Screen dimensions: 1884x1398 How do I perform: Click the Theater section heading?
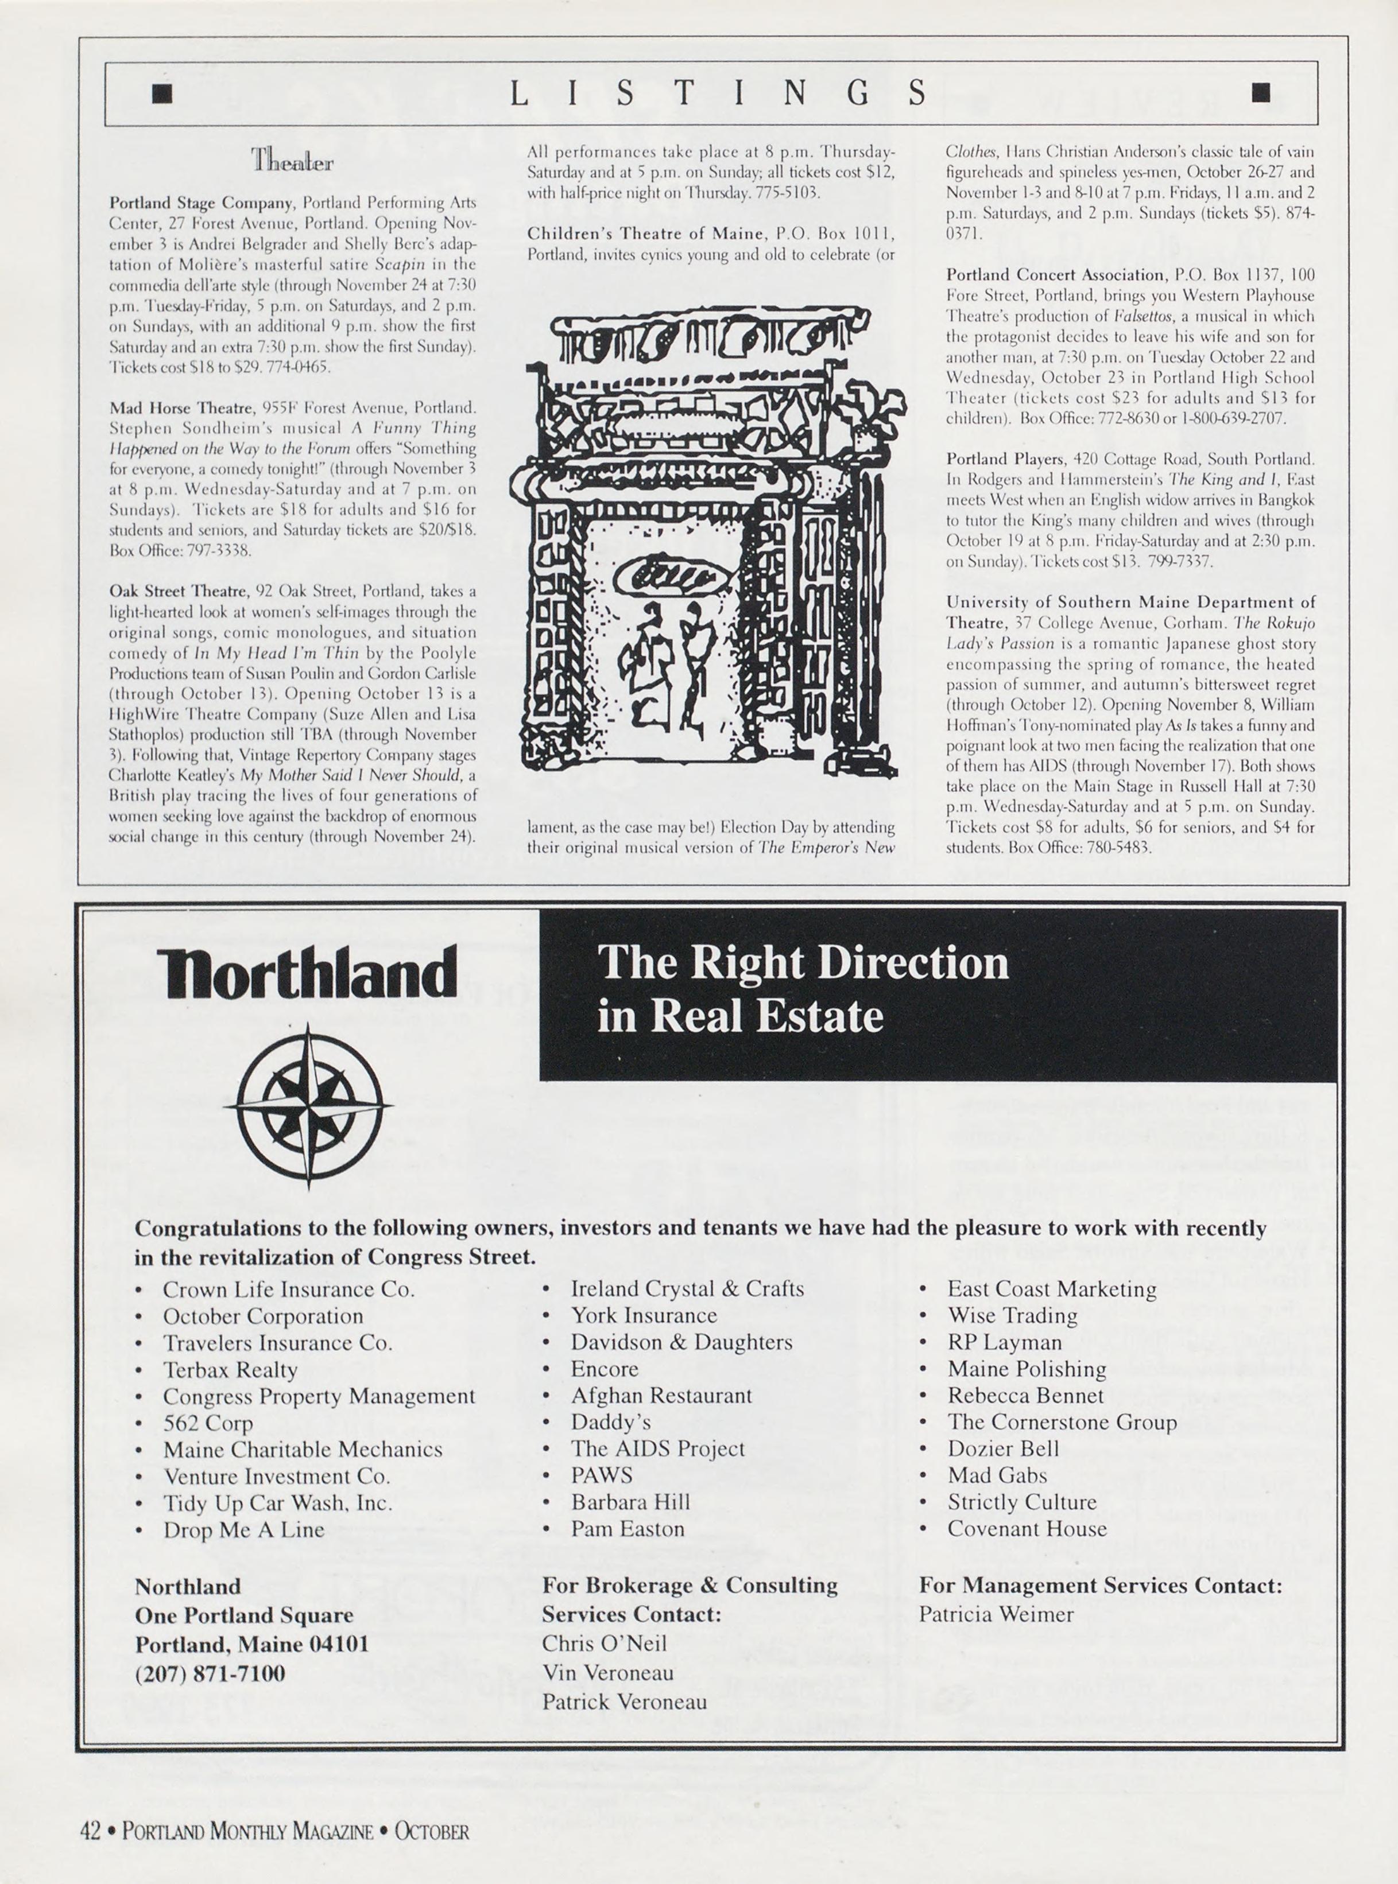(292, 160)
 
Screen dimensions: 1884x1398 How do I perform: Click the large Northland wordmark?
(307, 972)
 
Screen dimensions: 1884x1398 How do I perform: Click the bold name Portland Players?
(1005, 459)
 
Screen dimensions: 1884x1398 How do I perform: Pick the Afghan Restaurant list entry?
(661, 1395)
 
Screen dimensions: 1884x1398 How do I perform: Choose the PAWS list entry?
(602, 1474)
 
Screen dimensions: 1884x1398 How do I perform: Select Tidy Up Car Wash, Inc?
(277, 1502)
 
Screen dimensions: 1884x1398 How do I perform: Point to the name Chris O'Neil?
(604, 1643)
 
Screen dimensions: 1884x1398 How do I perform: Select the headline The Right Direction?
(802, 963)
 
